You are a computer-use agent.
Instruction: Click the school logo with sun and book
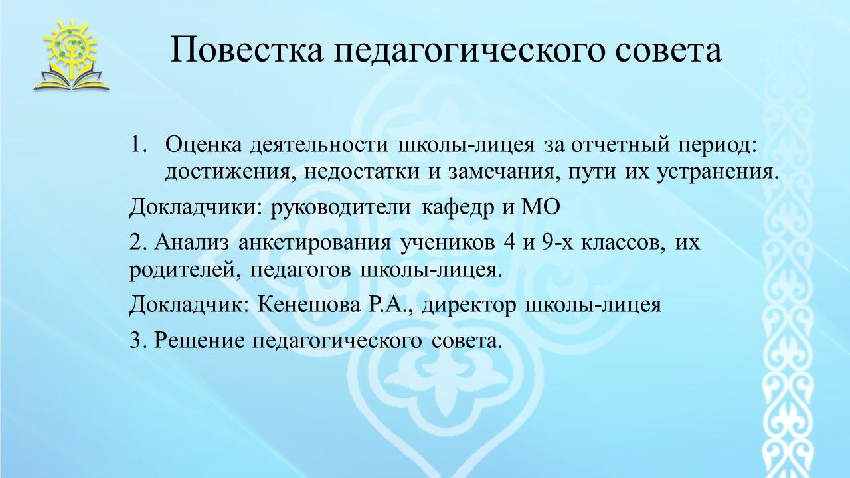[71, 55]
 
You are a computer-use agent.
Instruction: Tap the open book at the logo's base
[71, 80]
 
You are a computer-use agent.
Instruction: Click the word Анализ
[192, 243]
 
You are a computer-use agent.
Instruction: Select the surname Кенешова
[309, 306]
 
